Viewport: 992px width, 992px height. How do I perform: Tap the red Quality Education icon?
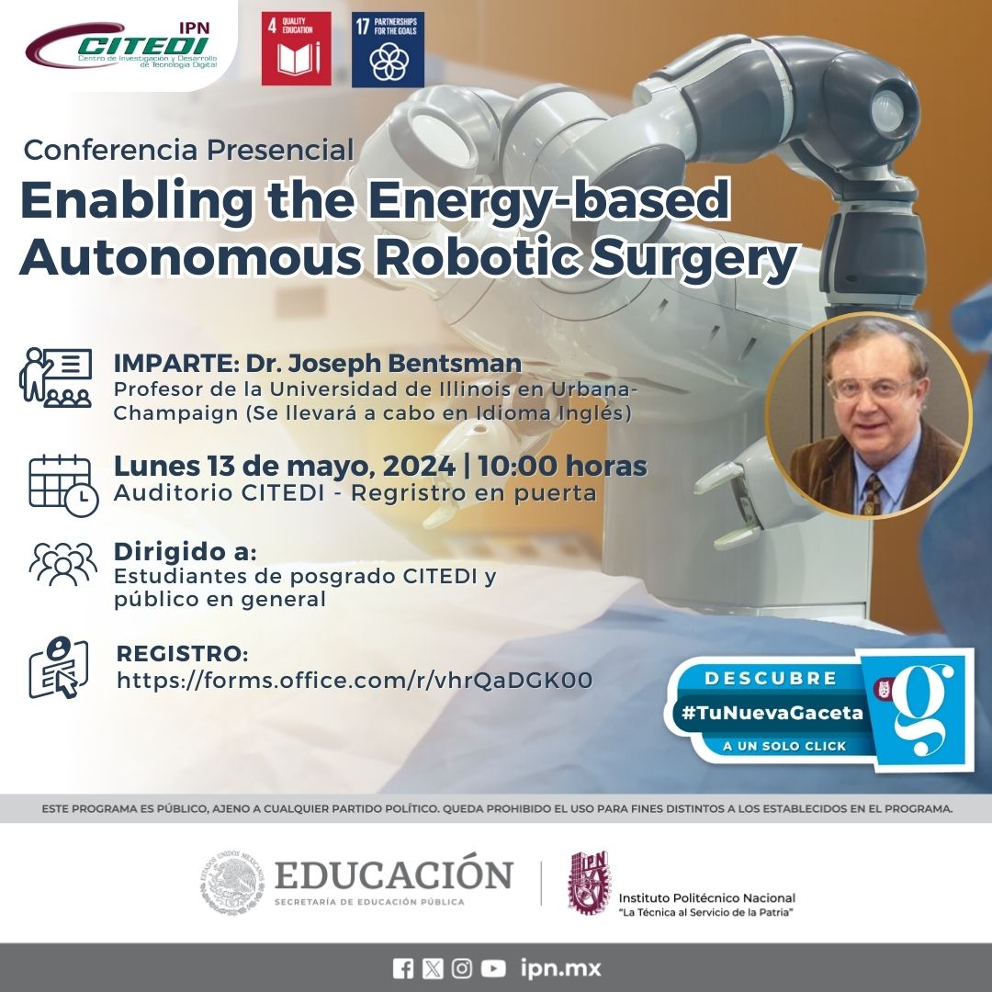click(296, 49)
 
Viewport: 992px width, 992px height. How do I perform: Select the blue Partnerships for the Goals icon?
click(388, 50)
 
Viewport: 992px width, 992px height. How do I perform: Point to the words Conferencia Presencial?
click(188, 149)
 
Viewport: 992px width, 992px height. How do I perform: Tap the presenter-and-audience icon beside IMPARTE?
click(55, 377)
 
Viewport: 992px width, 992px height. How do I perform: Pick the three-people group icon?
click(62, 563)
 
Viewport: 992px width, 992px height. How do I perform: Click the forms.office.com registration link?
click(355, 681)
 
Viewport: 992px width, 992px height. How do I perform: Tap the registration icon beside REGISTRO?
click(59, 667)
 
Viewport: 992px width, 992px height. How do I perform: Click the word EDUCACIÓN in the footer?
click(394, 875)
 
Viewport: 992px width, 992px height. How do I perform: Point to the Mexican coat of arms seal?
click(233, 885)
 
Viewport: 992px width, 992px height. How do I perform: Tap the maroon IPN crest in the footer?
click(588, 883)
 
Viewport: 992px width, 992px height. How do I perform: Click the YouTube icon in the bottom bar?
click(493, 968)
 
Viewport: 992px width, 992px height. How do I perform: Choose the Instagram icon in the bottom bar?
click(462, 968)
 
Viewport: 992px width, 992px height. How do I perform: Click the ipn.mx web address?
click(560, 968)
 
